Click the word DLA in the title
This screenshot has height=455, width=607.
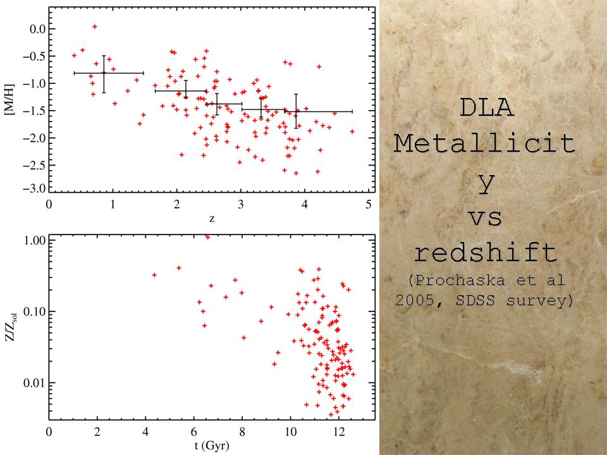[x=486, y=108]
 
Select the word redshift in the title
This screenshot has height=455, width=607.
[x=486, y=254]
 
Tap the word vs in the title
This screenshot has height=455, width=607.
[x=486, y=217]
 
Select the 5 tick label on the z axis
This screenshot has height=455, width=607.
[x=369, y=204]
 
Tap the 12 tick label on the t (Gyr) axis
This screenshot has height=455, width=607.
[x=338, y=433]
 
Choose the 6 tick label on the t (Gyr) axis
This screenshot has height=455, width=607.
[x=194, y=433]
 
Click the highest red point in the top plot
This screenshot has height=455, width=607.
[x=94, y=27]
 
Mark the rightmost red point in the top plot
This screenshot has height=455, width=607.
[x=352, y=131]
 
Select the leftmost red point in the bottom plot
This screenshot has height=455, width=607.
[x=154, y=275]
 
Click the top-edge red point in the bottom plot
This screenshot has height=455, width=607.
[x=207, y=237]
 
